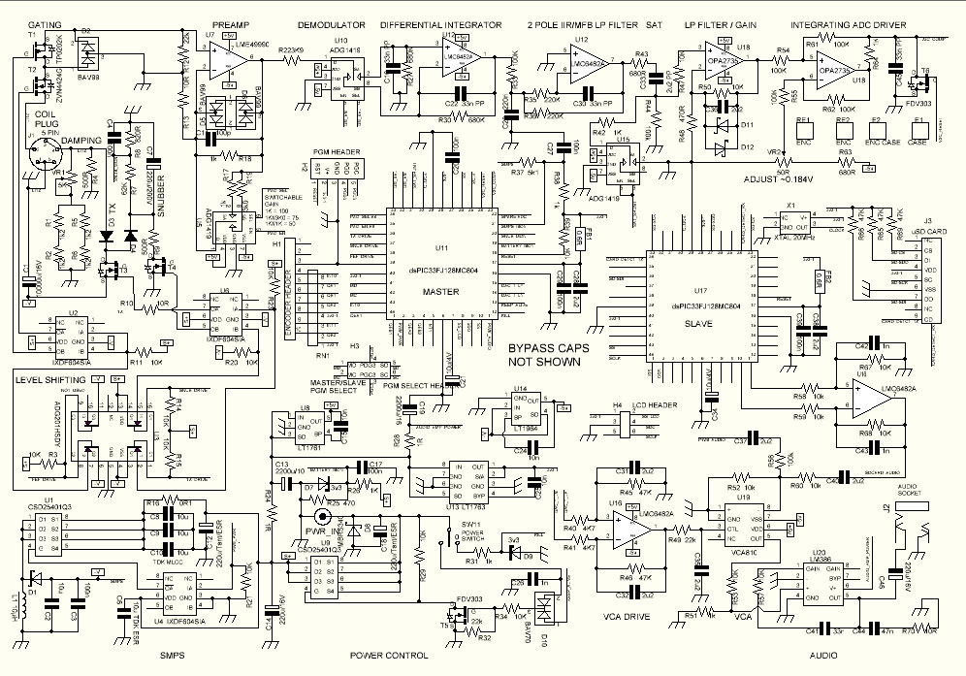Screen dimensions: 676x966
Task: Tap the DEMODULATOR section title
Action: click(331, 21)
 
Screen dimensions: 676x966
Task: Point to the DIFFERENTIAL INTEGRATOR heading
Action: click(440, 21)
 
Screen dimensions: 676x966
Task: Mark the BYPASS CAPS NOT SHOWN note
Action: click(545, 355)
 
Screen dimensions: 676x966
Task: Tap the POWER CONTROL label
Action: click(388, 656)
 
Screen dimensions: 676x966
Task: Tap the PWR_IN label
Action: click(322, 532)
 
